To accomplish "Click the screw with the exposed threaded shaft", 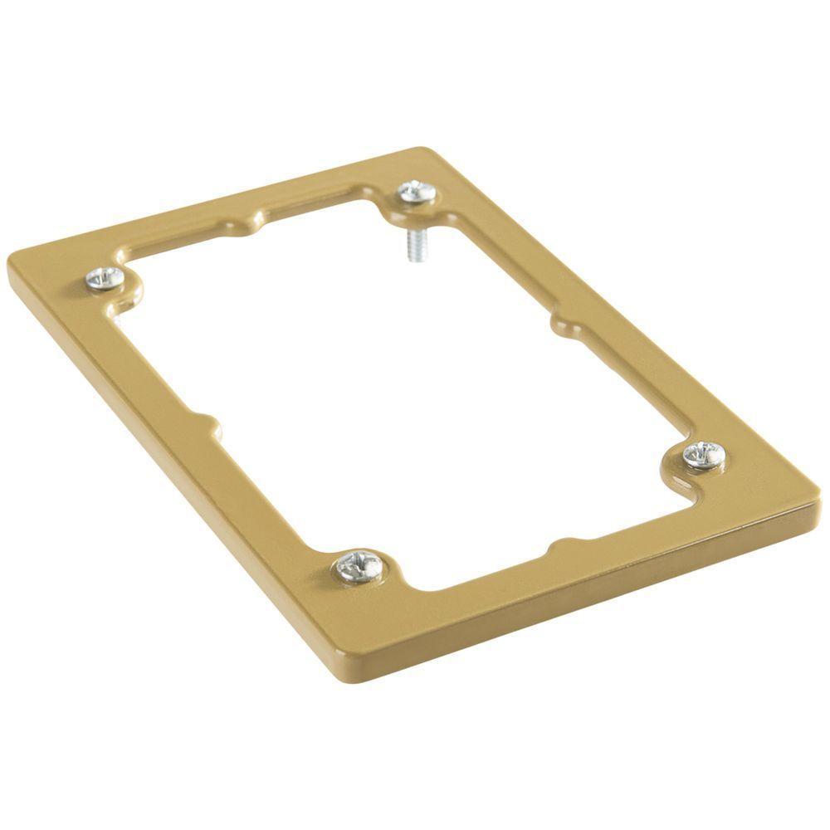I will point(417,193).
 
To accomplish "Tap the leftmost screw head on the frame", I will point(106,279).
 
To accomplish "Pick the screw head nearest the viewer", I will point(360,567).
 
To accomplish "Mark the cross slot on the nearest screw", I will point(360,567).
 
